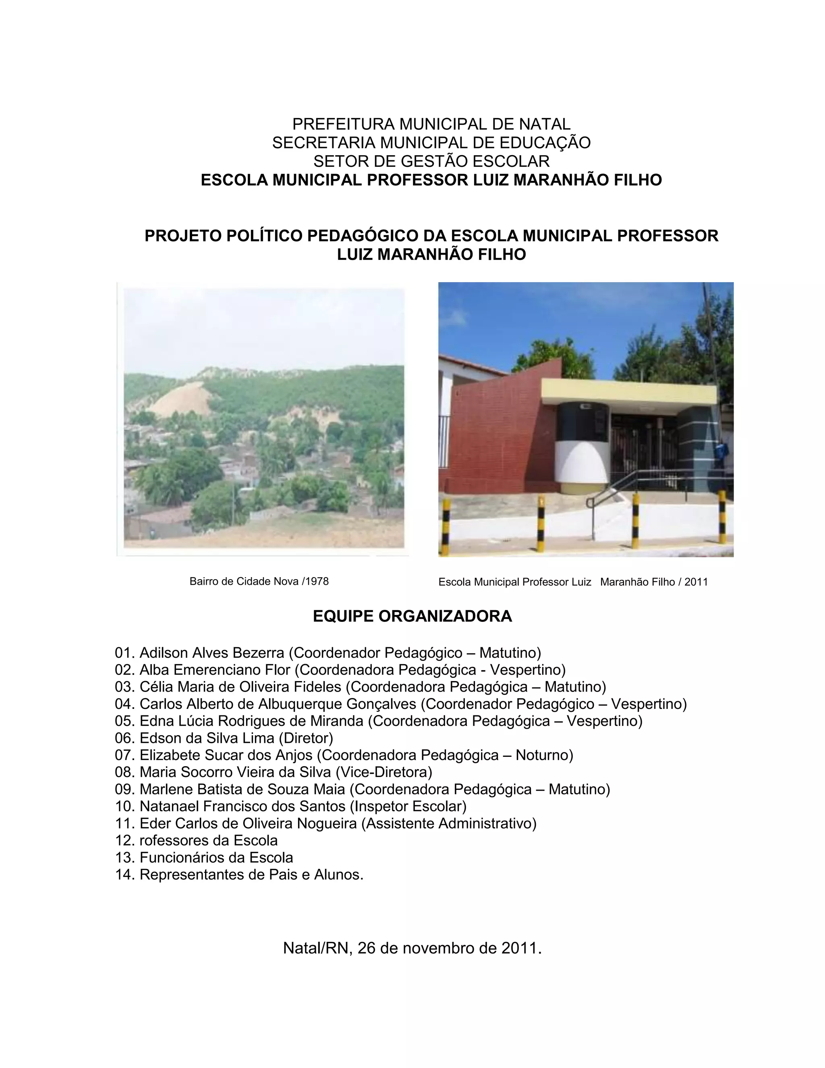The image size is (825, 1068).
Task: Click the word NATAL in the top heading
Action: click(x=545, y=124)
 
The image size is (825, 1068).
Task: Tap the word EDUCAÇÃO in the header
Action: click(x=545, y=142)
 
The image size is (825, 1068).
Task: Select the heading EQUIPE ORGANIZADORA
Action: click(x=412, y=616)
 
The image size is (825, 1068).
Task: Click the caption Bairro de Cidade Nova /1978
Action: click(x=259, y=582)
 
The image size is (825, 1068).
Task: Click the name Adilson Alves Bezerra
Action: click(x=211, y=653)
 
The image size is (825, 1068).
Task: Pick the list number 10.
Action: click(x=124, y=806)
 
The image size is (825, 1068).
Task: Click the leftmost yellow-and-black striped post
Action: click(x=445, y=526)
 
